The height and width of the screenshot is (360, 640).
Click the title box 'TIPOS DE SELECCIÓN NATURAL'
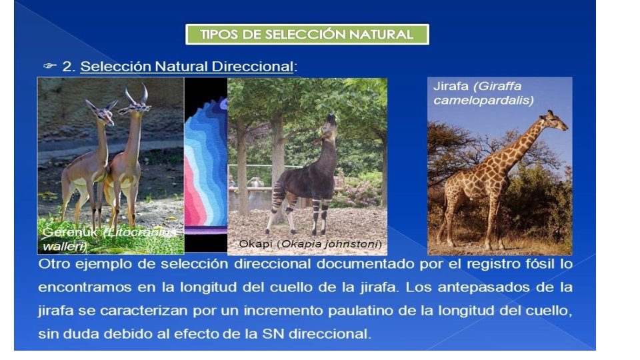pyautogui.click(x=307, y=35)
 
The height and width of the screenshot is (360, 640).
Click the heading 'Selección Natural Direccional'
pyautogui.click(x=187, y=67)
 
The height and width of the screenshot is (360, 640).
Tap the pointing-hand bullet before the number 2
pyautogui.click(x=50, y=66)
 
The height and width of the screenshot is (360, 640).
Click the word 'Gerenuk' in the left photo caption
pyautogui.click(x=63, y=233)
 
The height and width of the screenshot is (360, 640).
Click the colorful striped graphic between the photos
pyautogui.click(x=205, y=167)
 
